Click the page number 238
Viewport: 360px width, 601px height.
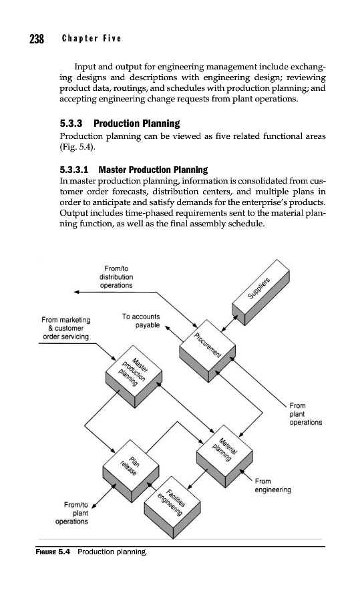pyautogui.click(x=37, y=39)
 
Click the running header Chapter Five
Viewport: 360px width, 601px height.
pyautogui.click(x=92, y=38)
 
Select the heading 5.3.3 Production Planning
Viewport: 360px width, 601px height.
pyautogui.click(x=120, y=124)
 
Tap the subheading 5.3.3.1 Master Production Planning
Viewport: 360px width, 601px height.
pyautogui.click(x=134, y=170)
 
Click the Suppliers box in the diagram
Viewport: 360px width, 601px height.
pyautogui.click(x=260, y=292)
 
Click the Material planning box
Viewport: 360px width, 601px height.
pyautogui.click(x=224, y=455)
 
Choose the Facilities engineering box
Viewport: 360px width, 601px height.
pyautogui.click(x=172, y=507)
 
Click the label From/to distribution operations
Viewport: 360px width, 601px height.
pyautogui.click(x=116, y=276)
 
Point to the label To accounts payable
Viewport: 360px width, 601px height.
pyautogui.click(x=141, y=321)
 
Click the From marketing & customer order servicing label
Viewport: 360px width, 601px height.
pyautogui.click(x=66, y=328)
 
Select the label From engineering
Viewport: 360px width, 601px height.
pyautogui.click(x=273, y=485)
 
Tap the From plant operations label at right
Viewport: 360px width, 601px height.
pyautogui.click(x=305, y=414)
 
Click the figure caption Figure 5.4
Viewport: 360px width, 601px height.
pyautogui.click(x=92, y=552)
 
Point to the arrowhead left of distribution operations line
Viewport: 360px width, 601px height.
pyautogui.click(x=76, y=292)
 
